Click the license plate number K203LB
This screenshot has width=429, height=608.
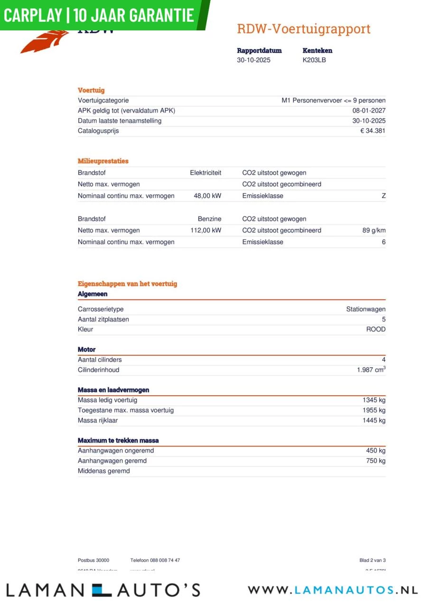click(x=314, y=60)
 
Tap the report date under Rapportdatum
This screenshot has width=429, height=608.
click(x=253, y=60)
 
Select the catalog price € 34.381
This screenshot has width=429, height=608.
click(x=373, y=131)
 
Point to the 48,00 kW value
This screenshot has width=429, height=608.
click(x=207, y=196)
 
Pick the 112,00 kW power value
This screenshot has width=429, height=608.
click(x=206, y=230)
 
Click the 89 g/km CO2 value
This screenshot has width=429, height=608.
click(x=373, y=230)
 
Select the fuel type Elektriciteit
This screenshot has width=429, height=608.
click(x=205, y=173)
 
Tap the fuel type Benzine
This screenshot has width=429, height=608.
click(x=209, y=219)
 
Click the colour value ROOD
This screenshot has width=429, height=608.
click(x=376, y=329)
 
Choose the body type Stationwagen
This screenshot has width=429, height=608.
click(x=365, y=309)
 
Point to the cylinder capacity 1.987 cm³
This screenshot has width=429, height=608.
click(x=371, y=370)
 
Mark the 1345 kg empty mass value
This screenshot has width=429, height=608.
click(x=374, y=400)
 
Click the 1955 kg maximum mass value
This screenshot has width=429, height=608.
click(x=374, y=410)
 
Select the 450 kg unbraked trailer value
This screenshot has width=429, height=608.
click(x=376, y=451)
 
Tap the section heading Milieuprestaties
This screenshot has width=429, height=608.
click(x=103, y=161)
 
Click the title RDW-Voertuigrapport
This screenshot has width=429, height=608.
click(x=303, y=29)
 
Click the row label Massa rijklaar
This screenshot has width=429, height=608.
click(x=98, y=420)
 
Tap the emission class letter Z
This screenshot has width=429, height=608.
click(x=383, y=196)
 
